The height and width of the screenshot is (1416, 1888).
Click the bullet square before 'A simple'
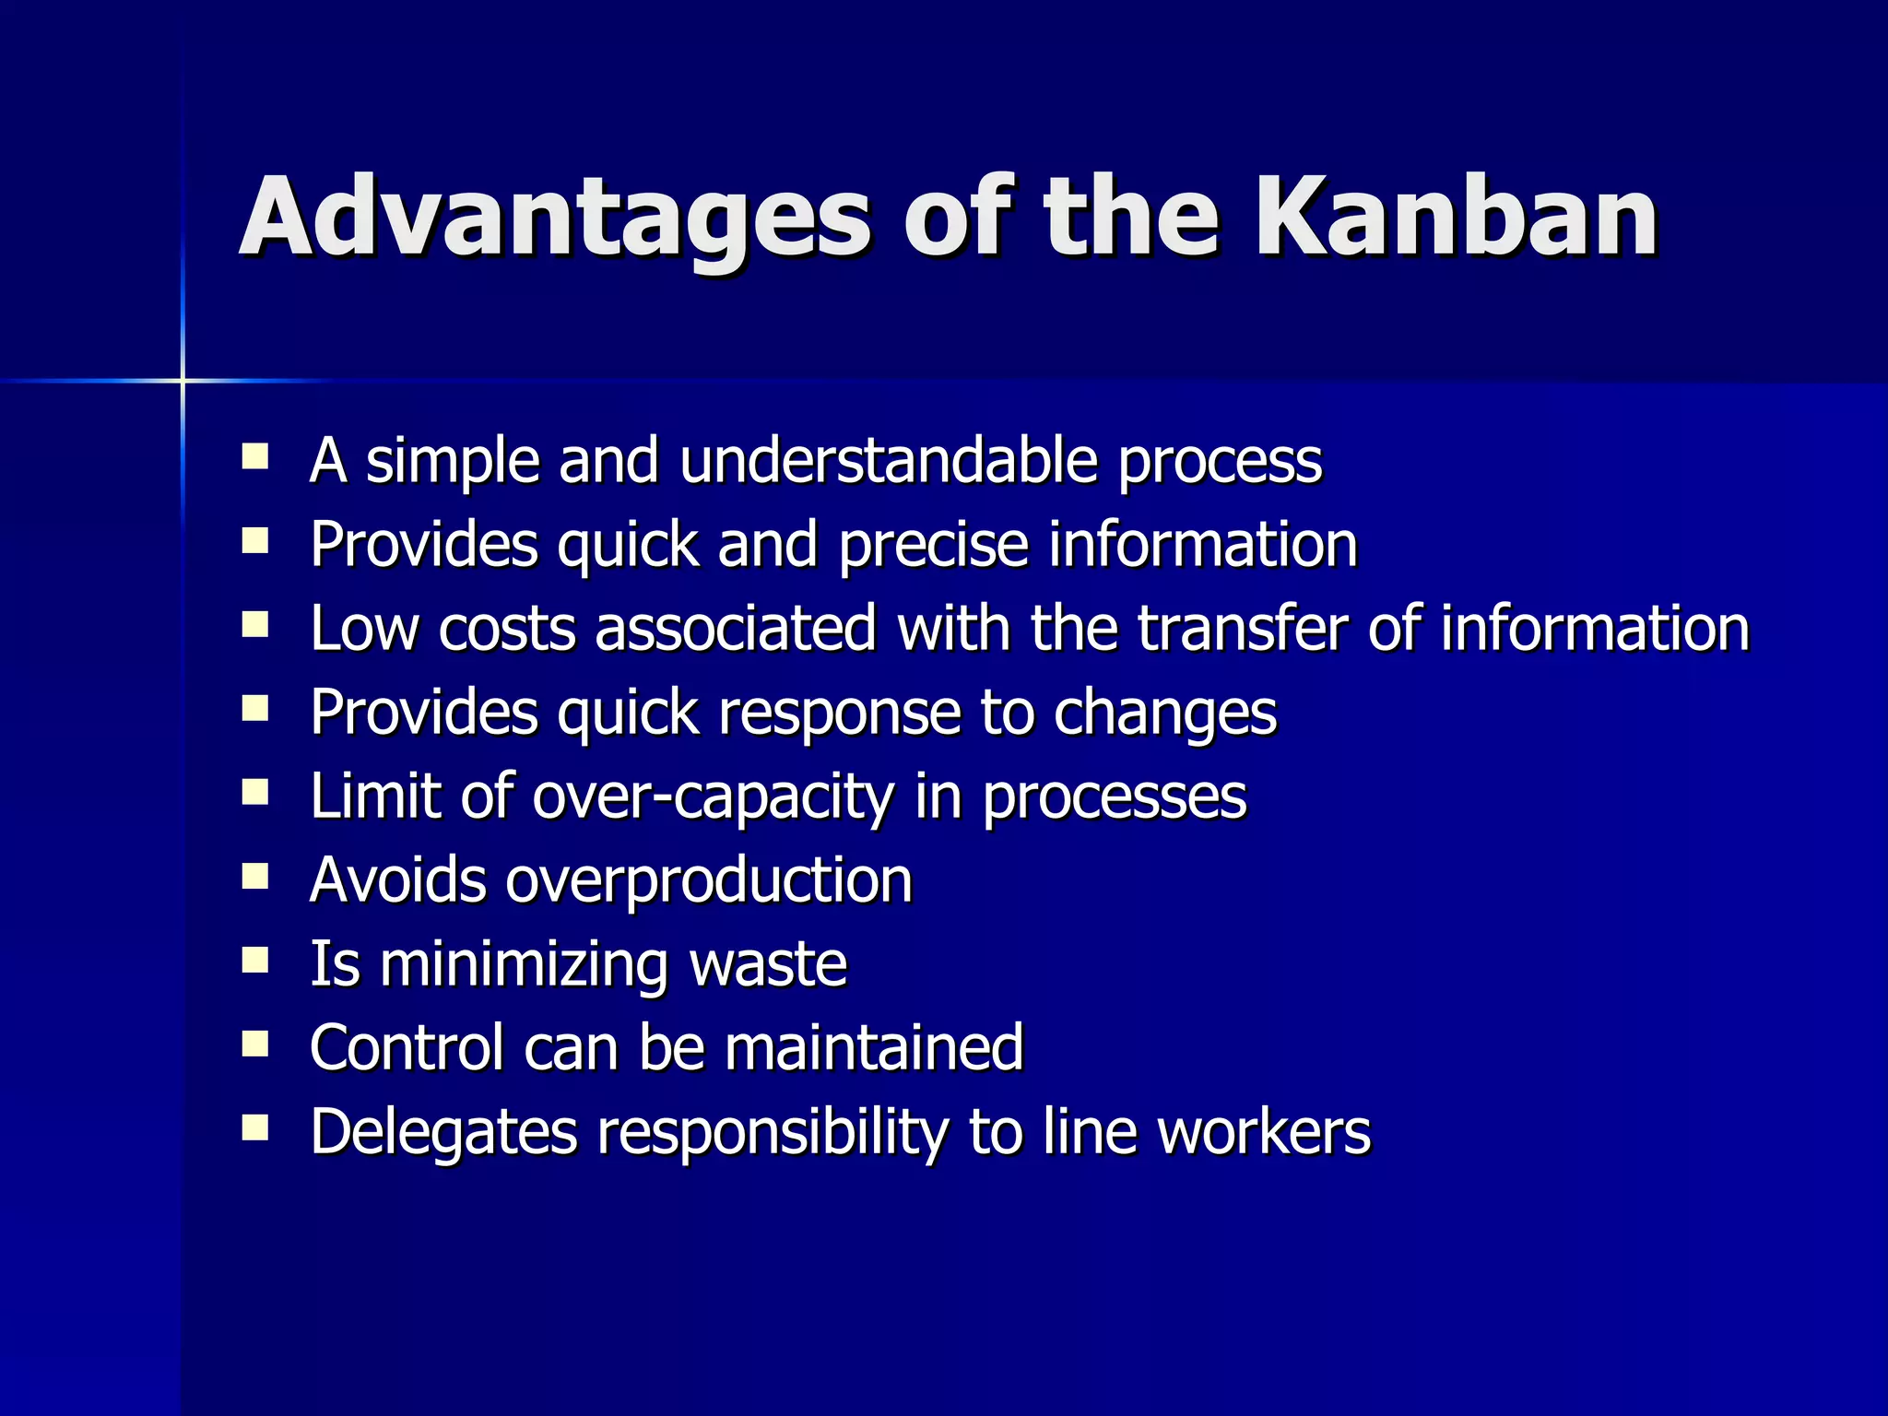[254, 457]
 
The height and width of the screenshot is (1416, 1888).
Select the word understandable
[888, 460]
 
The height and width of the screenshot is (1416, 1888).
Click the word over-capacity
[713, 796]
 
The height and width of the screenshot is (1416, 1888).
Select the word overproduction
[708, 880]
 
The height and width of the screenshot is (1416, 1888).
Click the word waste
[767, 964]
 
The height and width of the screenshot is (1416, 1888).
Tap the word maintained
[874, 1048]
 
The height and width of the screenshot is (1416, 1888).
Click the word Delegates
[443, 1132]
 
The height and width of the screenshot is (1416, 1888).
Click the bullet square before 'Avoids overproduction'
[254, 877]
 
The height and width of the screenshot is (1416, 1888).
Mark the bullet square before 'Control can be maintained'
[254, 1044]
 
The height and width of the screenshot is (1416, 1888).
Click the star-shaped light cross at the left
[183, 380]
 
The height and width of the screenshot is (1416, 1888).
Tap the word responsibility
[772, 1132]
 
